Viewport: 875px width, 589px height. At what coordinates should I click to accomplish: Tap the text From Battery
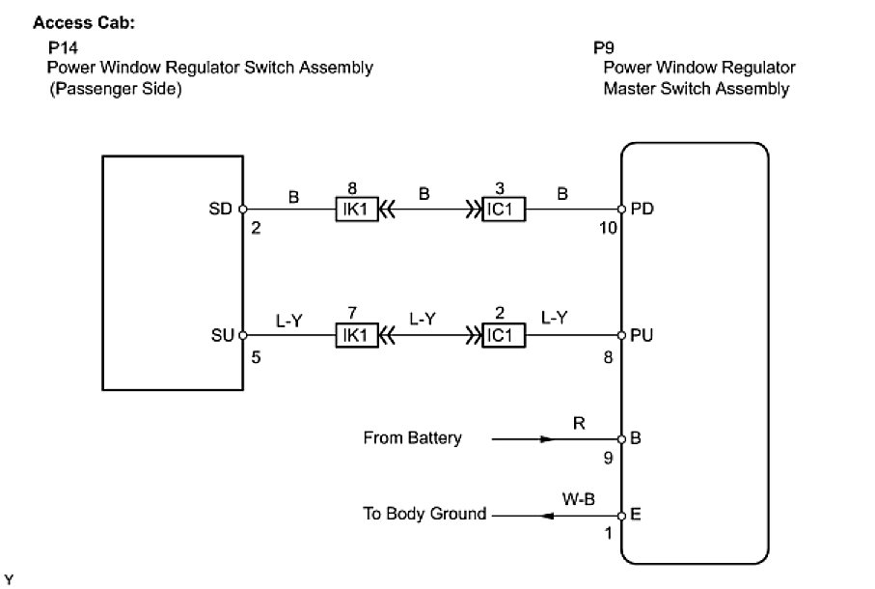(412, 438)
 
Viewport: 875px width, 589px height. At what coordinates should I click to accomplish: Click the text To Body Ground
(424, 515)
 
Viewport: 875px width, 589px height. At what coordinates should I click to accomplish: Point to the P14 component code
(61, 47)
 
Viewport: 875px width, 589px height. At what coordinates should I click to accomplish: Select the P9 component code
(605, 47)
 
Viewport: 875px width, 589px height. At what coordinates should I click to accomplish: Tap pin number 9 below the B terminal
(608, 459)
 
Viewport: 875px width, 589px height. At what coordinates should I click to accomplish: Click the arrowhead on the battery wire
(547, 438)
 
